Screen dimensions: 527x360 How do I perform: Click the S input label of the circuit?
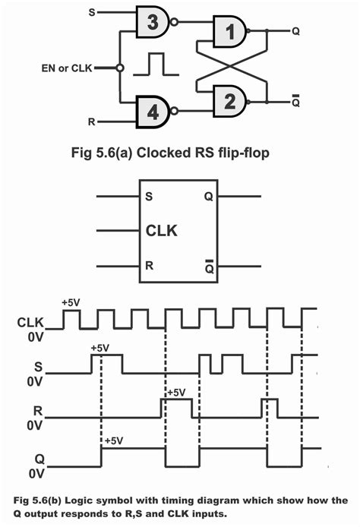92,12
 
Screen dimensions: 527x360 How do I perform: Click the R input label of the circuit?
92,120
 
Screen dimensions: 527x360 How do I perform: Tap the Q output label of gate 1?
295,31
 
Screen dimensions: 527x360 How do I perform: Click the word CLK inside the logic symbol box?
162,229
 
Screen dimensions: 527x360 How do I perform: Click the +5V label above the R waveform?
175,393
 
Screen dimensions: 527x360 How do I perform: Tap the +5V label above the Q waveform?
115,440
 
